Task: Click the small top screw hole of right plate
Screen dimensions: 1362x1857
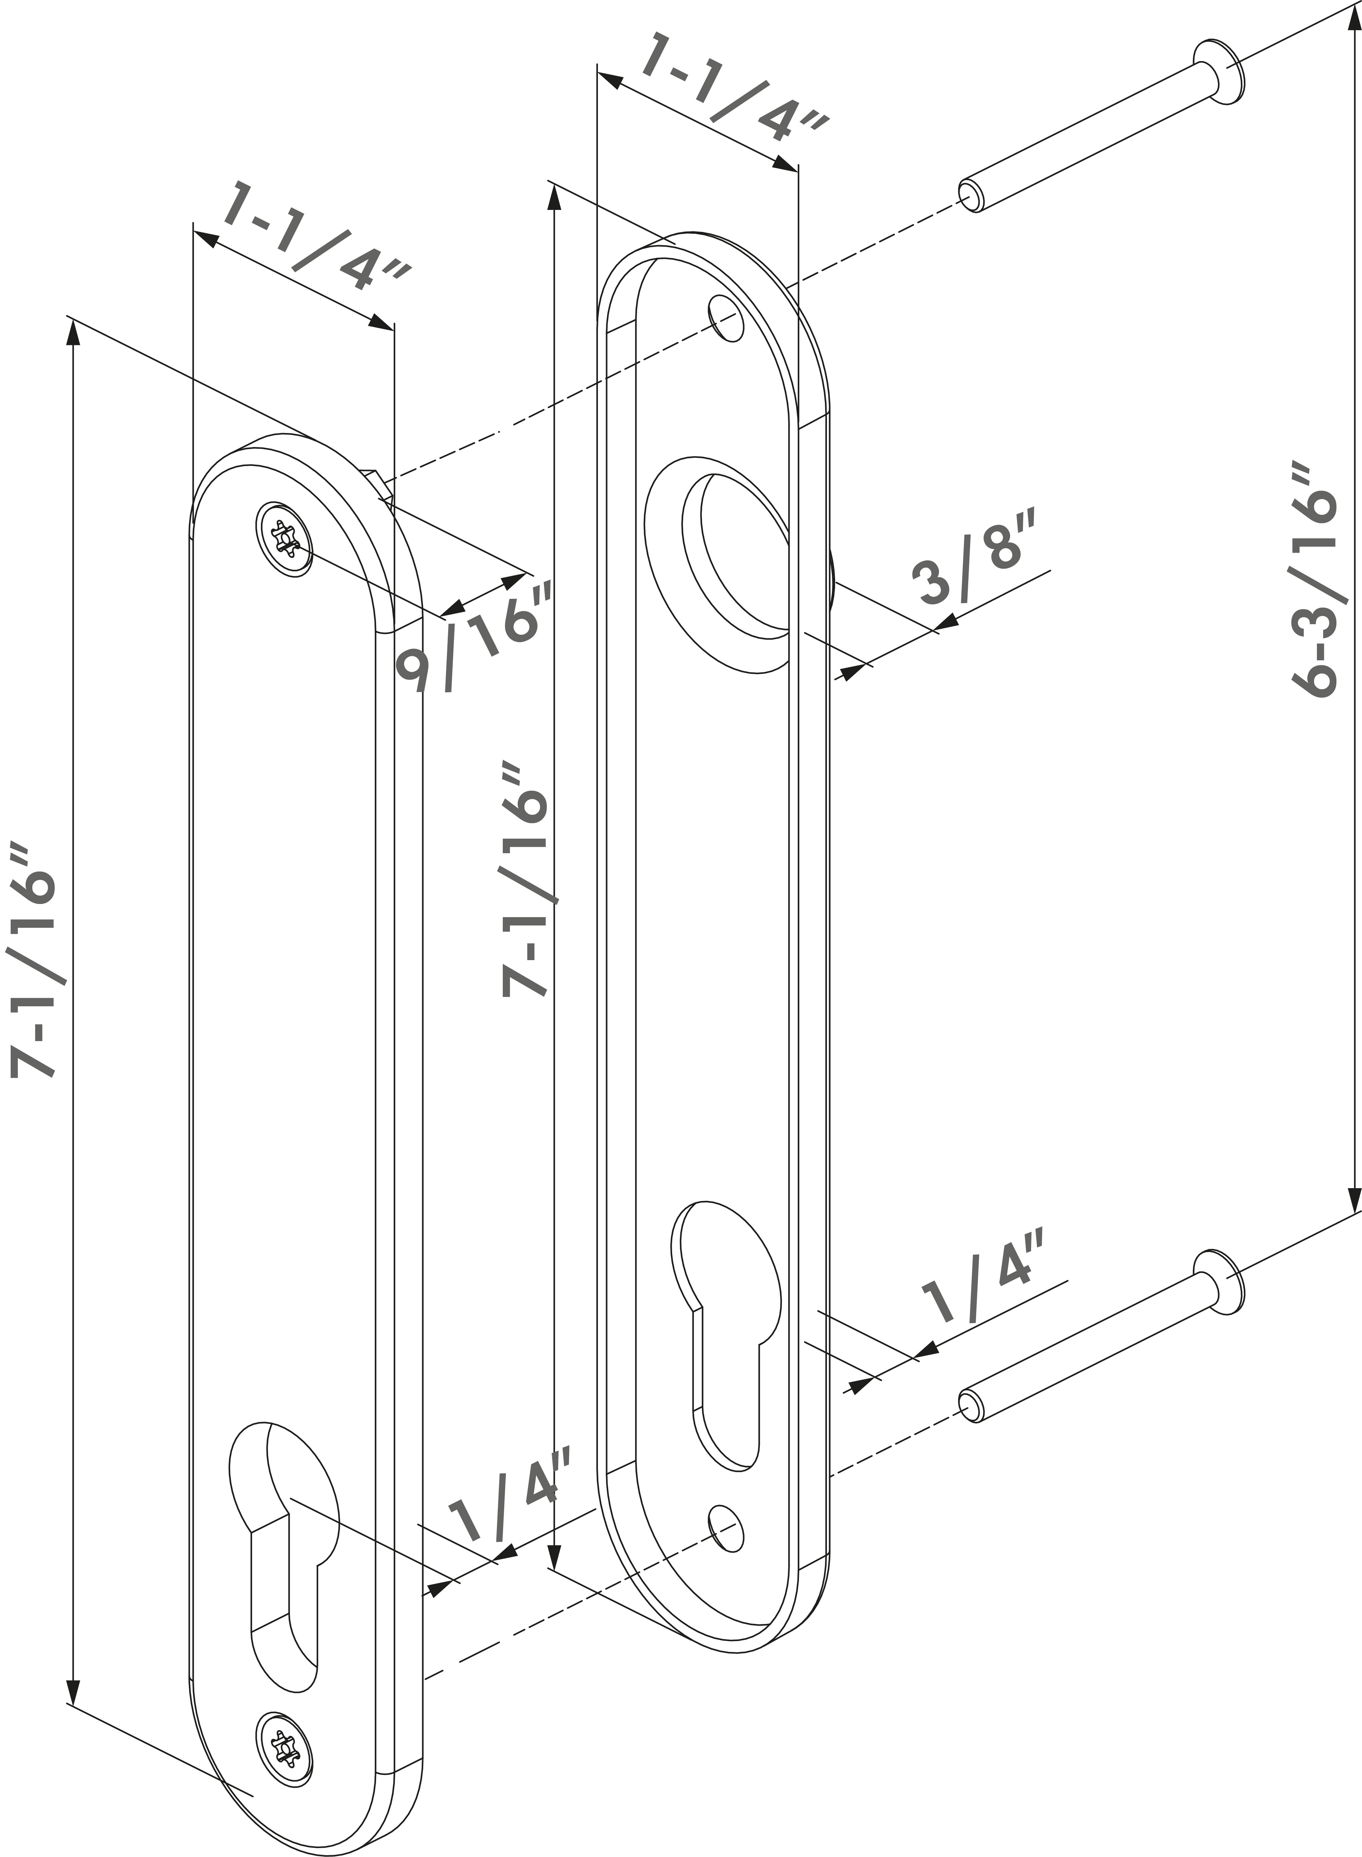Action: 725,316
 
